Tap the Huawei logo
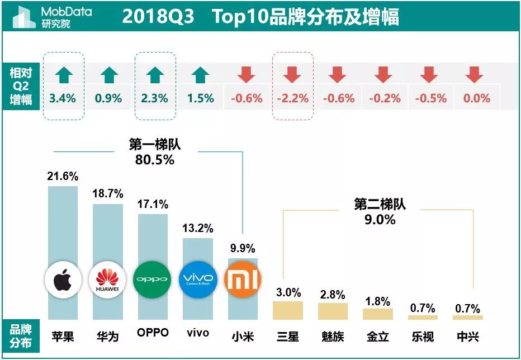coord(108,279)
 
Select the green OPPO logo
coord(153,279)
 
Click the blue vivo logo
coord(198,279)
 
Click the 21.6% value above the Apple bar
coord(63,176)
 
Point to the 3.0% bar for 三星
coord(288,310)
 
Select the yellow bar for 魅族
coord(333,311)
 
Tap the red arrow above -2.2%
coord(292,75)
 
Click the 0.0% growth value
coord(476,98)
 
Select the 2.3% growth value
coord(155,98)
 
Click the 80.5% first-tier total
coord(155,160)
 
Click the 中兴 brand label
coord(467,337)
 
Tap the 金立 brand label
coord(378,337)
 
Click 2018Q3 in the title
coord(158,17)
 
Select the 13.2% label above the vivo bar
coord(198,228)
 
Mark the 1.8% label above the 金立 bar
coord(378,301)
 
